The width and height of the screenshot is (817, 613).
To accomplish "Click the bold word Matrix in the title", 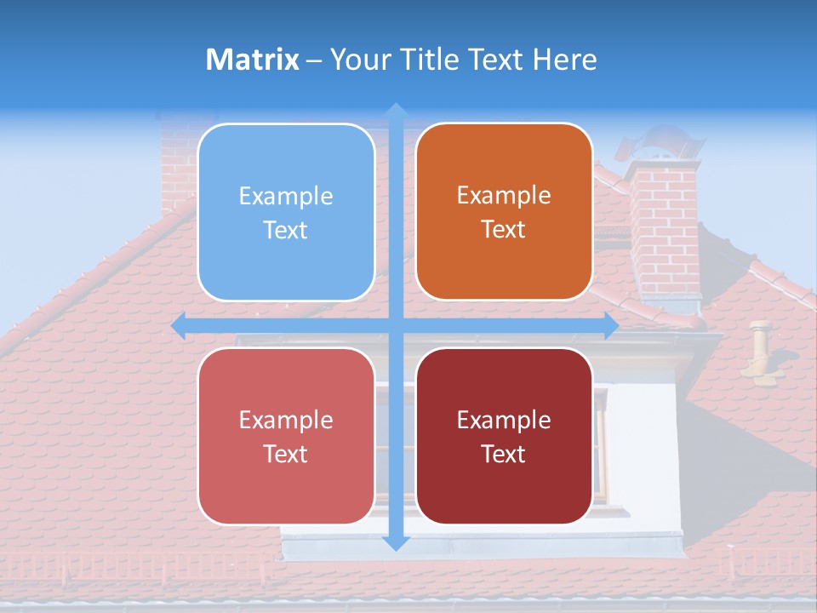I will coord(253,60).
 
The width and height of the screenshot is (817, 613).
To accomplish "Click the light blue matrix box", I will coord(286,212).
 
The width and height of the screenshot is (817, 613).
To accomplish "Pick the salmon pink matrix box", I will coord(286,436).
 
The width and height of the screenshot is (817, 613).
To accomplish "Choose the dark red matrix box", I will coord(504,436).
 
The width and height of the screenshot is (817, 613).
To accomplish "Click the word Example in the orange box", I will coord(504,195).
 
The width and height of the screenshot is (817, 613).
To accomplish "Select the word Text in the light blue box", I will coord(286,230).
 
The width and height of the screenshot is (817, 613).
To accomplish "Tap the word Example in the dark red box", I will coord(504,420).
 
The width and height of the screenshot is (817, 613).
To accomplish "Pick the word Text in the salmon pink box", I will coord(286,454).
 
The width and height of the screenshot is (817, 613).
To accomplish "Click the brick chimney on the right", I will coord(664,230).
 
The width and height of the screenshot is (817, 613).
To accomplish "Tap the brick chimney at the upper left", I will coord(179,162).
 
